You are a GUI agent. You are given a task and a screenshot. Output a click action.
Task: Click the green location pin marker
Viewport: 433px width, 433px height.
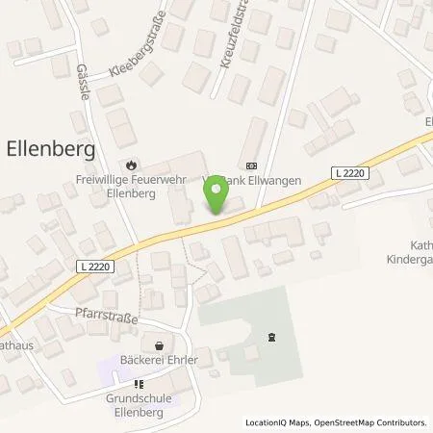coord(216,195)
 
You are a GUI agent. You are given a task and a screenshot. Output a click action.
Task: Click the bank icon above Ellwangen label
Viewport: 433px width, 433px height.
coord(252,164)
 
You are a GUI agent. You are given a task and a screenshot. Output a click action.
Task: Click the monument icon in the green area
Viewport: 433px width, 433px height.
coord(271,337)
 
